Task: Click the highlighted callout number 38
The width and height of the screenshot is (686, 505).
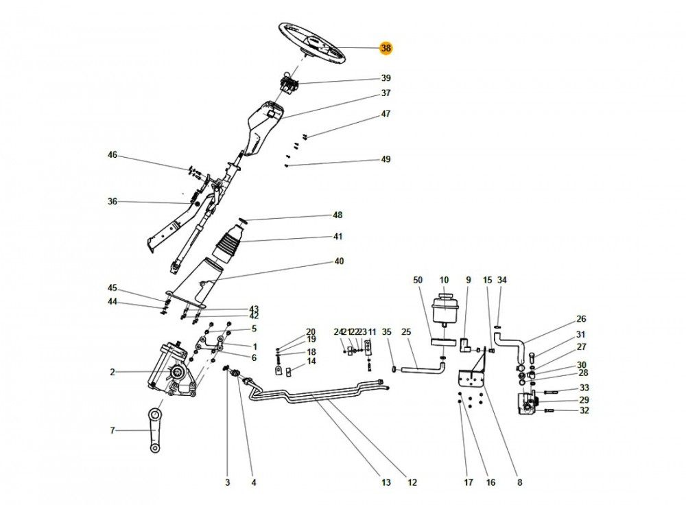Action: pyautogui.click(x=386, y=48)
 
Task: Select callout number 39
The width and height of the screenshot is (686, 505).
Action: pyautogui.click(x=386, y=78)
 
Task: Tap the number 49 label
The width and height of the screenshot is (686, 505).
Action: pyautogui.click(x=386, y=159)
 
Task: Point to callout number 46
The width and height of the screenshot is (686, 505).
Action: pyautogui.click(x=113, y=155)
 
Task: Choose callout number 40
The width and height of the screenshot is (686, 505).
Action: pyautogui.click(x=339, y=261)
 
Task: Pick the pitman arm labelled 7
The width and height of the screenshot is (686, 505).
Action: pyautogui.click(x=155, y=430)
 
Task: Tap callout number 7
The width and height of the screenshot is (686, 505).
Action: pyautogui.click(x=113, y=430)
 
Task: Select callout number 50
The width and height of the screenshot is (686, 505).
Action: pyautogui.click(x=418, y=280)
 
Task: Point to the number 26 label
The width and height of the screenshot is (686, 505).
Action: pyautogui.click(x=581, y=319)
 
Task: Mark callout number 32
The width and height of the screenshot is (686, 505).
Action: pyautogui.click(x=584, y=411)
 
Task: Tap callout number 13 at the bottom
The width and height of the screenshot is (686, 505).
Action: pyautogui.click(x=386, y=482)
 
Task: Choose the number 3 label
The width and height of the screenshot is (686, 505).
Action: pyautogui.click(x=228, y=482)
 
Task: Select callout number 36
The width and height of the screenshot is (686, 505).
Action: pyautogui.click(x=113, y=202)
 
